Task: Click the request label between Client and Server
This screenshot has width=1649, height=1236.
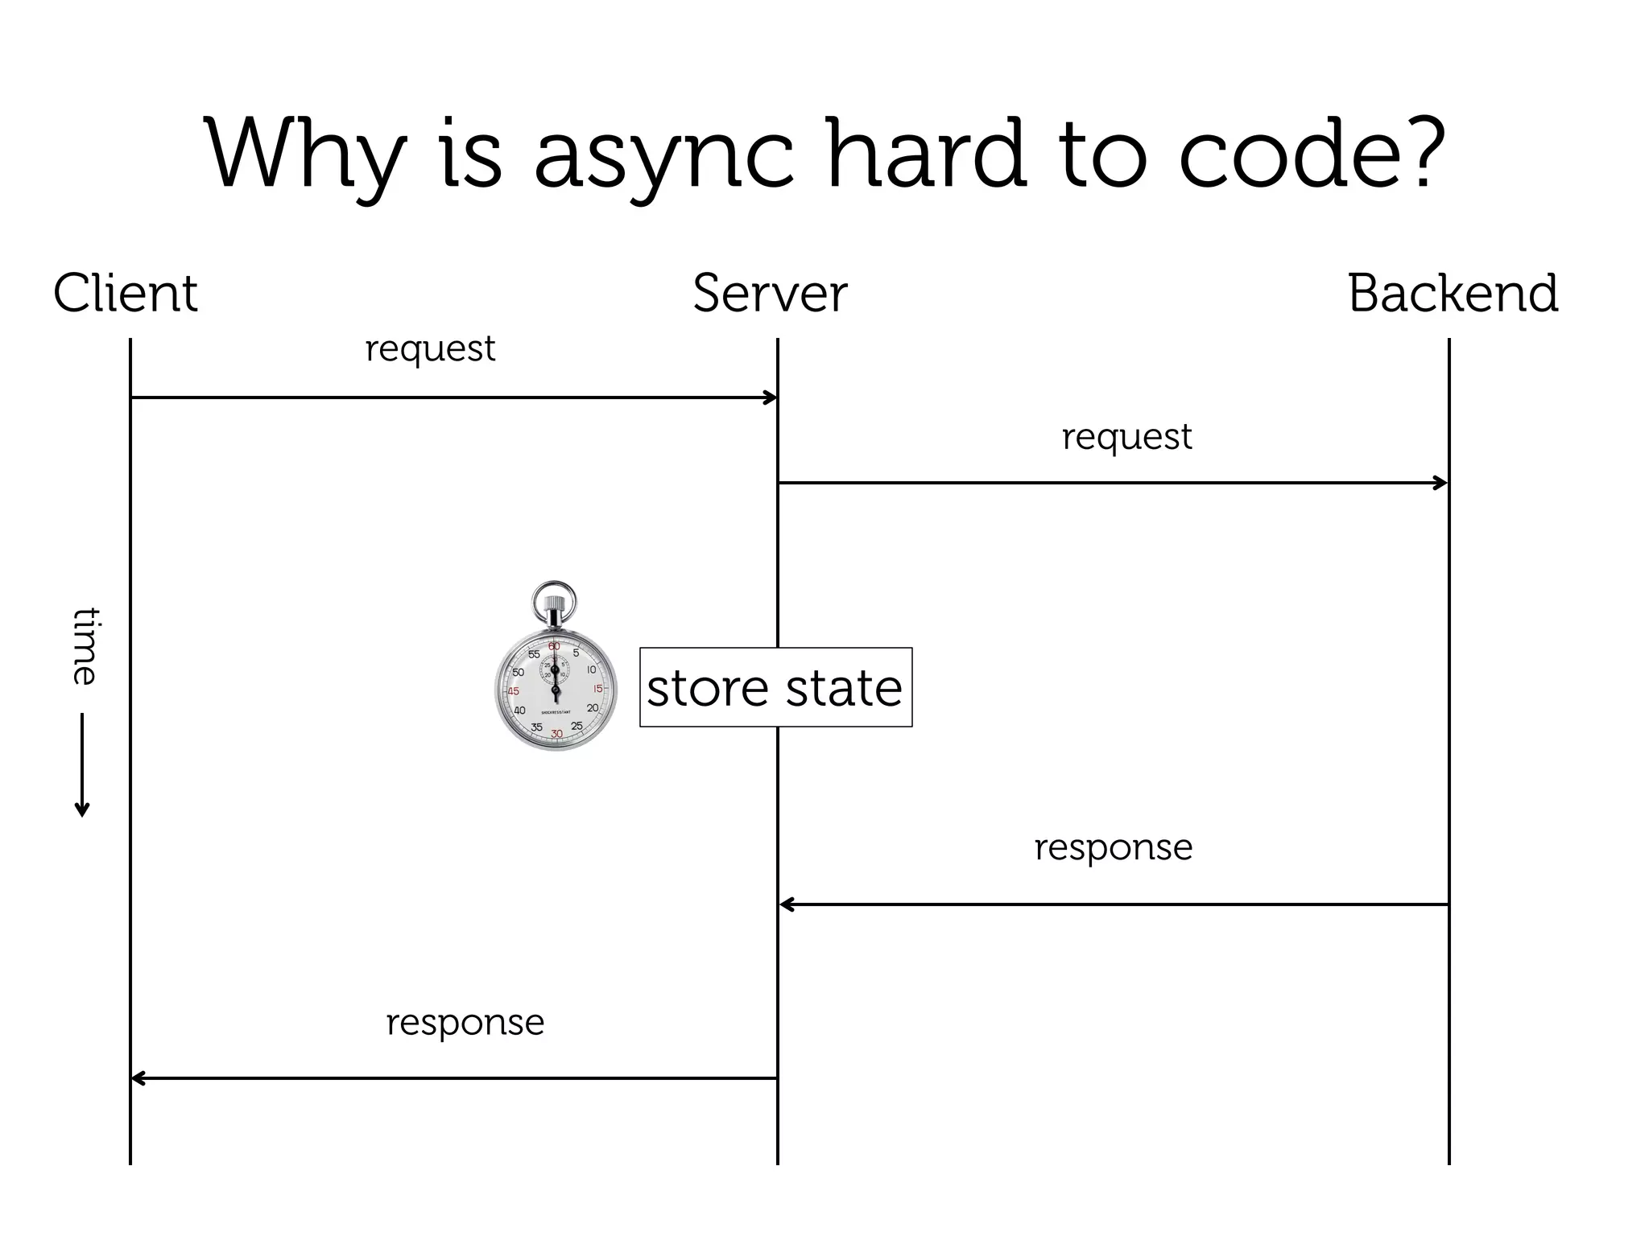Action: click(x=430, y=348)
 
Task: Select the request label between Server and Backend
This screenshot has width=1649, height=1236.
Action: click(x=1126, y=437)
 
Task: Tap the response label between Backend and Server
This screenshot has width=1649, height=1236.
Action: click(x=1113, y=847)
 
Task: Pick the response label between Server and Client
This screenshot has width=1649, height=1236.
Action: click(x=465, y=1023)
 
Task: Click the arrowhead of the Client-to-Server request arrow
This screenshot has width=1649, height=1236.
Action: click(x=771, y=398)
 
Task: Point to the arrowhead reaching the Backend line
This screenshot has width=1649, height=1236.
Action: click(x=1442, y=483)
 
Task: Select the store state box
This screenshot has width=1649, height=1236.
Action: click(x=775, y=687)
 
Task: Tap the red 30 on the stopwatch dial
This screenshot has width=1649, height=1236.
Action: click(x=556, y=734)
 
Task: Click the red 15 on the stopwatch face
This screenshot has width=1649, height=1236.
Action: click(x=597, y=689)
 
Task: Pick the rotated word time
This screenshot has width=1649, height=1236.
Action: click(x=83, y=646)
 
